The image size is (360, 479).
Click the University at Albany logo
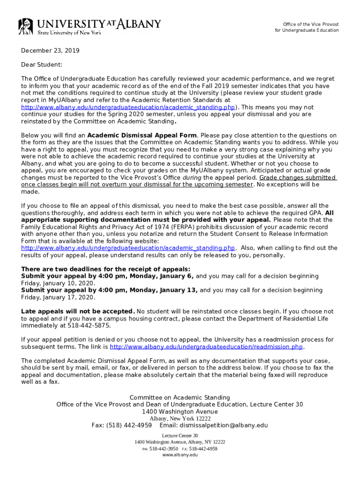(89, 26)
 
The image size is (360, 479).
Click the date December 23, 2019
(50, 51)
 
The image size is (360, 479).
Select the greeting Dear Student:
(42, 65)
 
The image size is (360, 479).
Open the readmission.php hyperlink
(207, 347)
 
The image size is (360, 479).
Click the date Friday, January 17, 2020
(58, 297)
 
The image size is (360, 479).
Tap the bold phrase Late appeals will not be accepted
(78, 312)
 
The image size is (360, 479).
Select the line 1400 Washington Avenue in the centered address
(180, 412)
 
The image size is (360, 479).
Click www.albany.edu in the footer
(180, 455)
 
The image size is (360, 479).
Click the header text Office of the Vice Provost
(311, 24)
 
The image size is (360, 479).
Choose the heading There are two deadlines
(106, 269)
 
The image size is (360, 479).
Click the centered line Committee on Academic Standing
(180, 398)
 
